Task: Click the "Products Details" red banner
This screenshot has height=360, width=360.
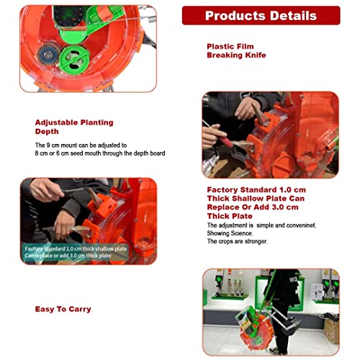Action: coord(261,16)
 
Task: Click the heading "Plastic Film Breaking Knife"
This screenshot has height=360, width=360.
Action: coord(236,51)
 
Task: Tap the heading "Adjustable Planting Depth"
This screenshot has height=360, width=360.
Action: coord(74,127)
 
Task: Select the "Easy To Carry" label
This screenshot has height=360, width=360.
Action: coord(63,309)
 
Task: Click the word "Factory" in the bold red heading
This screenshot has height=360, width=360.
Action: coord(222,190)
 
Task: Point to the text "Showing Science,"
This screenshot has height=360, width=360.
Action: coord(230,233)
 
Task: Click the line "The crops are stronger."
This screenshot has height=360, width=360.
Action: coord(237,241)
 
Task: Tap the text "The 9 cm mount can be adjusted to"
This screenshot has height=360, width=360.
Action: coord(81,145)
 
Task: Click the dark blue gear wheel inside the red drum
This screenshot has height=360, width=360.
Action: coord(48,55)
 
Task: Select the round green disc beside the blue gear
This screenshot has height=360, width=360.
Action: coord(74,60)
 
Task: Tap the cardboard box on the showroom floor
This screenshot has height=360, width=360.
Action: coord(331,328)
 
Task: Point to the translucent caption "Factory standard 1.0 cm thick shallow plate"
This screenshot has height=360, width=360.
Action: coord(76,249)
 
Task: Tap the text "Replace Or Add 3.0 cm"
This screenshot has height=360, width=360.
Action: coord(253,207)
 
